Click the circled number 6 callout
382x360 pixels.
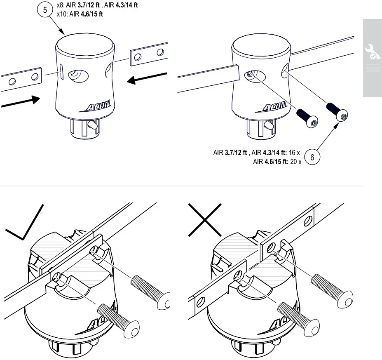312,157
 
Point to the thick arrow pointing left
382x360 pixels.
147,79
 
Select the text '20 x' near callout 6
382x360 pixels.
296,162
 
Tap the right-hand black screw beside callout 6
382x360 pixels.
337,113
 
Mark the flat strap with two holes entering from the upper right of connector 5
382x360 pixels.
148,54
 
